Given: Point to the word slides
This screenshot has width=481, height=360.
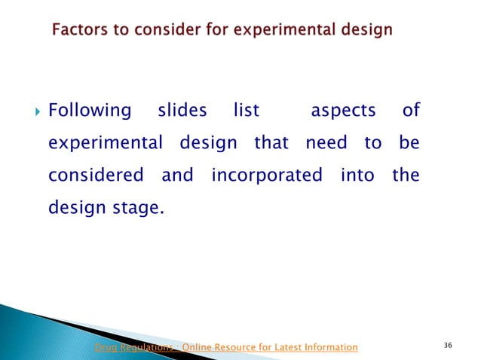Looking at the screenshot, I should (x=182, y=111).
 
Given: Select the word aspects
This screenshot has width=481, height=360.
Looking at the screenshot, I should (x=343, y=111).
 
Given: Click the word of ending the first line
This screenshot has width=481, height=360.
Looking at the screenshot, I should (x=410, y=111).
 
